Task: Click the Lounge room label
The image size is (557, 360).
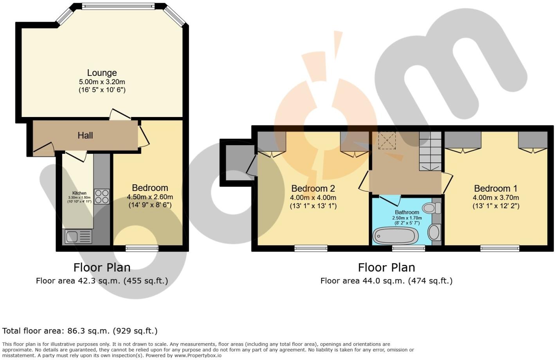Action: (x=102, y=73)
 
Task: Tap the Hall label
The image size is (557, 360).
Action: (x=85, y=135)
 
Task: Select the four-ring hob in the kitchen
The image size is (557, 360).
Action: (x=102, y=196)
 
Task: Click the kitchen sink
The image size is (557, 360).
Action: (x=78, y=236)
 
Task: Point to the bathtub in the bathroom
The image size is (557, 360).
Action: (x=395, y=236)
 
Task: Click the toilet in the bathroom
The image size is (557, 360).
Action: (x=432, y=208)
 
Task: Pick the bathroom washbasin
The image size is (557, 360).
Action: (x=434, y=232)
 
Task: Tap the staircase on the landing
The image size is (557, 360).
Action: (x=430, y=151)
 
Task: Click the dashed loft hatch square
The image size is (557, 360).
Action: (x=387, y=140)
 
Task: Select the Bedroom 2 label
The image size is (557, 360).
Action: (x=313, y=189)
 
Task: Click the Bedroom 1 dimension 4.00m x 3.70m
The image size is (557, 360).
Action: (x=496, y=198)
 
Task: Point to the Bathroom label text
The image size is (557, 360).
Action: (x=407, y=212)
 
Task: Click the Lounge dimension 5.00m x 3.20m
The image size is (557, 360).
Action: (x=102, y=82)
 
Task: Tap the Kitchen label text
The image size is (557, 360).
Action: (x=79, y=193)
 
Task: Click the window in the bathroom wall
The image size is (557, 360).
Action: (x=409, y=248)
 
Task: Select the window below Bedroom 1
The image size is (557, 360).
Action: (x=500, y=248)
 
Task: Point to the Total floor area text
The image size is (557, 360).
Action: (x=80, y=331)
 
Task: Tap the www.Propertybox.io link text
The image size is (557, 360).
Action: (x=198, y=356)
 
